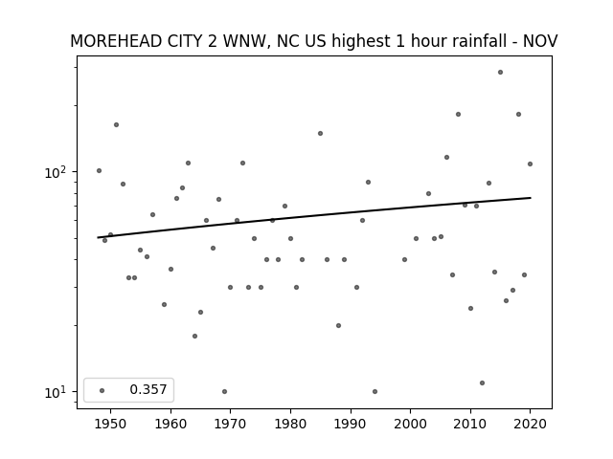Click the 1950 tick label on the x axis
(110, 424)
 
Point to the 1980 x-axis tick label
(290, 424)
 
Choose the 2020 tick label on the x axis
(530, 424)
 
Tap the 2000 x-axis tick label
(410, 424)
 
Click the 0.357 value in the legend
(148, 389)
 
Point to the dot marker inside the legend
(102, 390)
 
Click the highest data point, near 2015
(500, 73)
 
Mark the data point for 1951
(116, 125)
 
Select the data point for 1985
(320, 134)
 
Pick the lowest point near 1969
(224, 391)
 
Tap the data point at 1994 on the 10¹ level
(375, 391)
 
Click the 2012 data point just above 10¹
(482, 382)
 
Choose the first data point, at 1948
(99, 170)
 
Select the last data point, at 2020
(530, 164)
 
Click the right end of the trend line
(531, 198)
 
